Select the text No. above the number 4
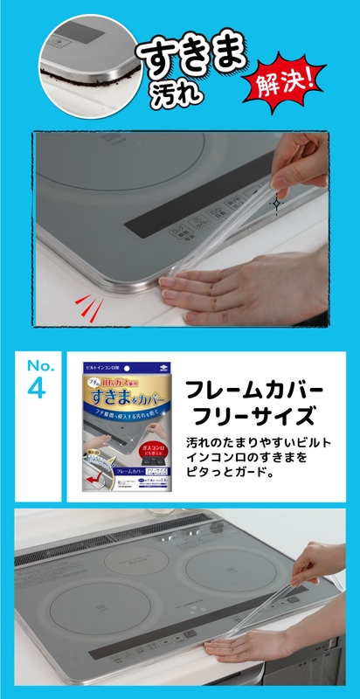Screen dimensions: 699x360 [x=38, y=363]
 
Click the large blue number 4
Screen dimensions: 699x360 [x=37, y=389]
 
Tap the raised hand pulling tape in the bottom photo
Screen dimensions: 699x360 [x=319, y=562]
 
